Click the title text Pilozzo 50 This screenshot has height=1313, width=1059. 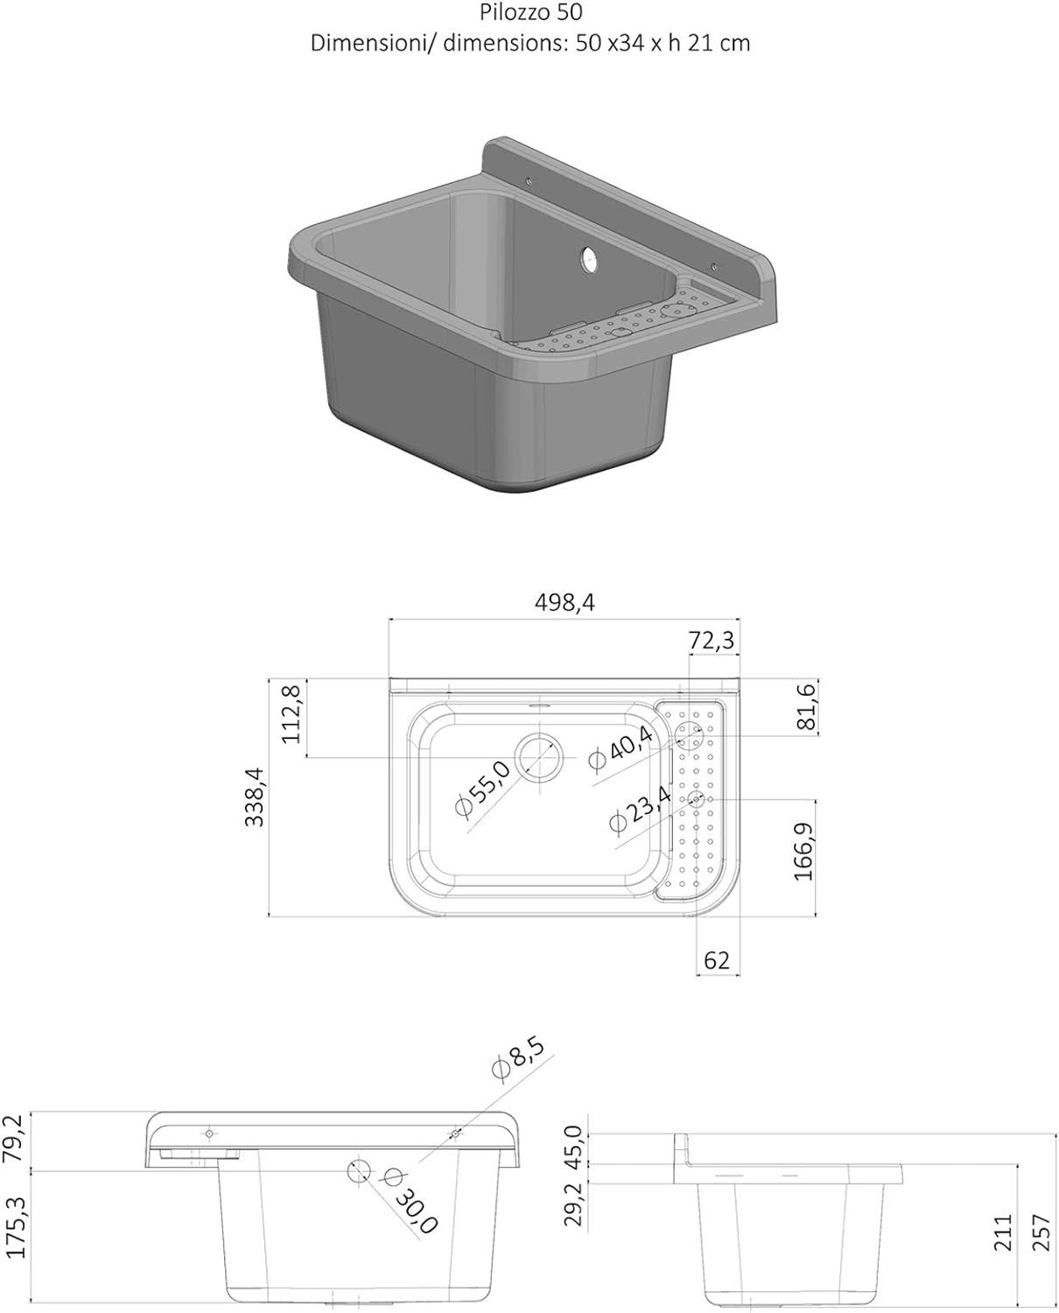point(530,13)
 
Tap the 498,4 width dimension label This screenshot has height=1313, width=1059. point(565,603)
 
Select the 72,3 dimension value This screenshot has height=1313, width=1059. point(712,641)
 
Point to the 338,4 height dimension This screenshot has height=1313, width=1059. point(255,797)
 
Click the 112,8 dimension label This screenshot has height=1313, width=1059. point(291,714)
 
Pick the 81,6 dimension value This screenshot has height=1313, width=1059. point(806,706)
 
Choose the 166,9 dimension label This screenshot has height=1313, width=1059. point(803,852)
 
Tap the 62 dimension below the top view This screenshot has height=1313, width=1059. point(717,960)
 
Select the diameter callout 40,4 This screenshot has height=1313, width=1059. point(621,748)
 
